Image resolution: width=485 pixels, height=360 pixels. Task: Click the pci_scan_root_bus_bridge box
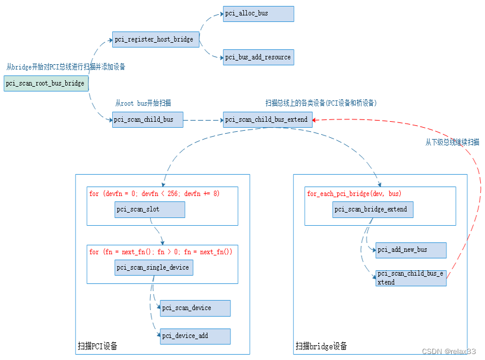point(46,84)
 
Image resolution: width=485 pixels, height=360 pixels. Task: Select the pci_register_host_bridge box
point(155,39)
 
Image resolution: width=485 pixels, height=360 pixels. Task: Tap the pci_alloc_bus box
point(258,14)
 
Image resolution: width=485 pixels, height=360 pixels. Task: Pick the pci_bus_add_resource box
point(258,58)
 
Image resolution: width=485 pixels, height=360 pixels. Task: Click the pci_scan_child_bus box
point(147,119)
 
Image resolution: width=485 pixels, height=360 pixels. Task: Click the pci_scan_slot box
point(150,210)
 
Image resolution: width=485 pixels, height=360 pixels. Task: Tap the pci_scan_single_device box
point(153,268)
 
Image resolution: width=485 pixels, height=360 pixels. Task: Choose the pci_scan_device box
point(195,308)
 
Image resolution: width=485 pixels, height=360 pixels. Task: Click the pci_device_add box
point(195,336)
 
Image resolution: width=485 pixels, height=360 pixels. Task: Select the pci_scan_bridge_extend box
point(373,210)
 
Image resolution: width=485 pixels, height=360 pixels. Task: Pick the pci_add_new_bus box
point(411,250)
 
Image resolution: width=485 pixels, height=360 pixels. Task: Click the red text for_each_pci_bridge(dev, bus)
point(354,194)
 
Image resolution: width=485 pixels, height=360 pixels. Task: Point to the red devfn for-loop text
point(154,194)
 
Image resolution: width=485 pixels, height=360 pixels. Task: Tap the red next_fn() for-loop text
point(161,252)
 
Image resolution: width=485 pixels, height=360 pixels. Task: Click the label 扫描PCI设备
point(97,346)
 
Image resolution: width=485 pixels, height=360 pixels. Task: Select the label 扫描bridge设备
point(321,346)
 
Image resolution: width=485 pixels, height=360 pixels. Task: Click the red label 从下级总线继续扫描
point(452,142)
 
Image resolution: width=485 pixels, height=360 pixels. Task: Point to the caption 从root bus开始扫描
point(143,103)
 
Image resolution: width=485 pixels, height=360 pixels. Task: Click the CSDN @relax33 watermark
point(449,352)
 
